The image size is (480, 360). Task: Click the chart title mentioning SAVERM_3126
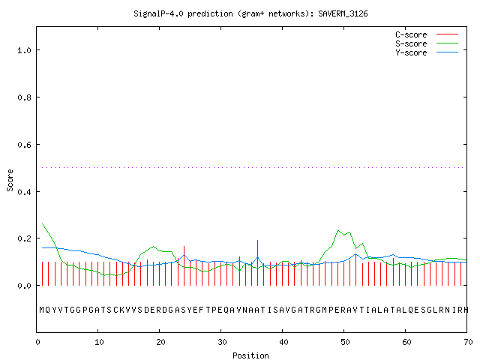point(250,13)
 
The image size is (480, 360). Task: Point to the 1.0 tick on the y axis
point(25,50)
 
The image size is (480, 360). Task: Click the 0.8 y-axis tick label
point(25,97)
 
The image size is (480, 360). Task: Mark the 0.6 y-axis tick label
point(25,145)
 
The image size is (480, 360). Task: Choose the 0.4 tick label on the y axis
point(25,192)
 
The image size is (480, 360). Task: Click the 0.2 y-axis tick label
point(25,238)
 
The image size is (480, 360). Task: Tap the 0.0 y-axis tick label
point(25,286)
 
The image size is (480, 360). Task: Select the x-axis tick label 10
point(99,342)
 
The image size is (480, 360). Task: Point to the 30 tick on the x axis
point(222,342)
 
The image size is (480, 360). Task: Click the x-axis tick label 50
point(345,342)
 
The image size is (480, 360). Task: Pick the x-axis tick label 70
point(468,342)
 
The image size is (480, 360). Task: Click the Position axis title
point(250,355)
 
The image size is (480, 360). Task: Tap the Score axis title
point(10,180)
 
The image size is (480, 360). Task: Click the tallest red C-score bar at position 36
point(258,262)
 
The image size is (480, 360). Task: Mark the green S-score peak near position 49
point(338,229)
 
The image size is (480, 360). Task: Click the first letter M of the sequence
point(42,310)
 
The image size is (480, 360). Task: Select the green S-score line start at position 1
point(43,223)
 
